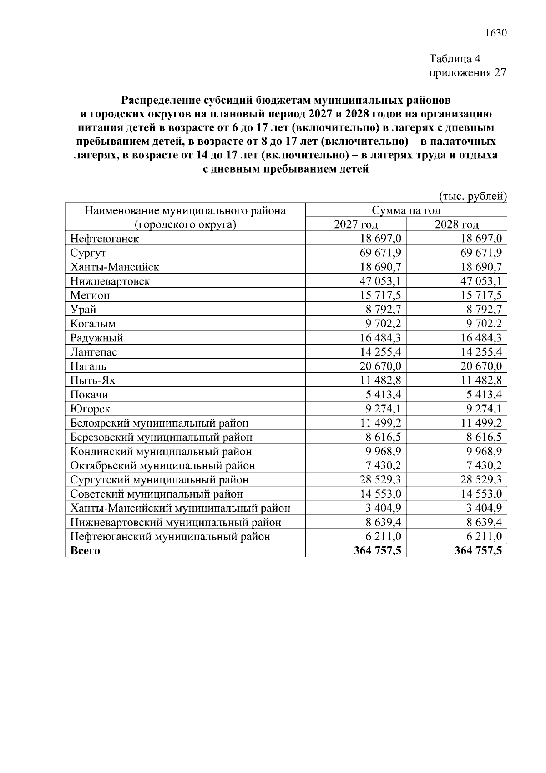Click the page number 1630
pyautogui.click(x=495, y=33)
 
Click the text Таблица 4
pyautogui.click(x=455, y=59)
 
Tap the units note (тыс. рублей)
pyautogui.click(x=472, y=196)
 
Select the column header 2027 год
pyautogui.click(x=356, y=224)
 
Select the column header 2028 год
pyautogui.click(x=456, y=224)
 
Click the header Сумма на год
pyautogui.click(x=406, y=210)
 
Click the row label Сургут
pyautogui.click(x=88, y=253)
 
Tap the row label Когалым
pyautogui.click(x=93, y=324)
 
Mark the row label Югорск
pyautogui.click(x=90, y=409)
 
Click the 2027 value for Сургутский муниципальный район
pyautogui.click(x=380, y=480)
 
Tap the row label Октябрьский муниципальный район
pyautogui.click(x=162, y=466)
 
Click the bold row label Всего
pyautogui.click(x=85, y=551)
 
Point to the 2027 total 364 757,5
pyautogui.click(x=377, y=551)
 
